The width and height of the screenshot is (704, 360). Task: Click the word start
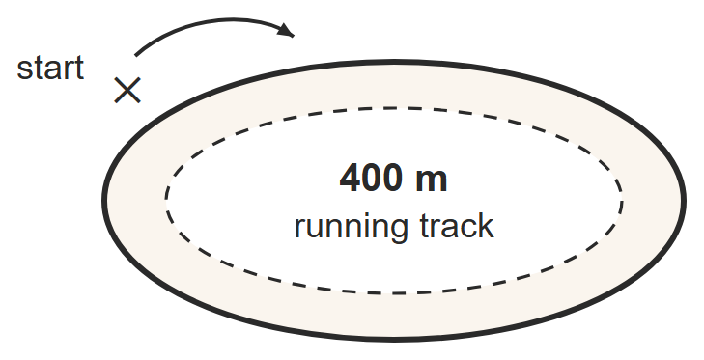pyautogui.click(x=50, y=69)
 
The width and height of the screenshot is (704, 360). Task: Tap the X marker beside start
pyautogui.click(x=127, y=90)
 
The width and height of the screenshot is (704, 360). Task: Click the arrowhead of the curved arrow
pyautogui.click(x=287, y=30)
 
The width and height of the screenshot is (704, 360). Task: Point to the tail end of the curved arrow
pyautogui.click(x=135, y=56)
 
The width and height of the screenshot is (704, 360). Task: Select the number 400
pyautogui.click(x=370, y=179)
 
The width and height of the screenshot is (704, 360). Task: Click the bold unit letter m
pyautogui.click(x=432, y=181)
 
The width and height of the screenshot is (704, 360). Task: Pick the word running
pyautogui.click(x=352, y=228)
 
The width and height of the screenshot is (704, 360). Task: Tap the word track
pyautogui.click(x=457, y=226)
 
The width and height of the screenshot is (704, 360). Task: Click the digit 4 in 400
pyautogui.click(x=350, y=179)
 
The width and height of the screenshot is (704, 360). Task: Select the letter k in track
pyautogui.click(x=487, y=225)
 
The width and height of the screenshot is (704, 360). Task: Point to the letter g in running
pyautogui.click(x=399, y=231)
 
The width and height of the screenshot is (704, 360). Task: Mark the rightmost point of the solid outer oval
pyautogui.click(x=685, y=200)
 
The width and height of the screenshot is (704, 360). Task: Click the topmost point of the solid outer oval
pyautogui.click(x=394, y=62)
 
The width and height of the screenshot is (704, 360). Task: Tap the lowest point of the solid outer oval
pyautogui.click(x=394, y=340)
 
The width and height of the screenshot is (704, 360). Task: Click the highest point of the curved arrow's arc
pyautogui.click(x=224, y=19)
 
